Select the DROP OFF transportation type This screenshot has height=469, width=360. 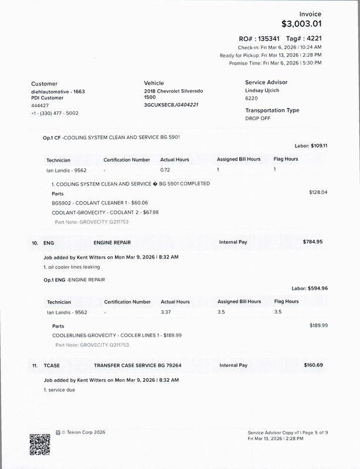click(257, 118)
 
